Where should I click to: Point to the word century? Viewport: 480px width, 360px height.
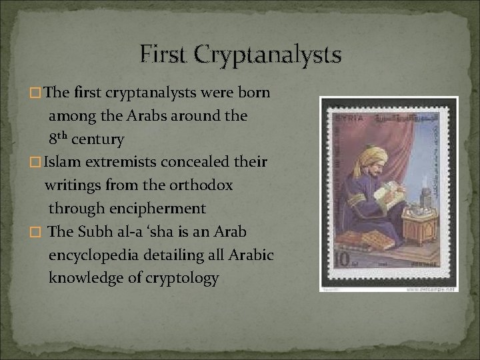[x=97, y=139]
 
